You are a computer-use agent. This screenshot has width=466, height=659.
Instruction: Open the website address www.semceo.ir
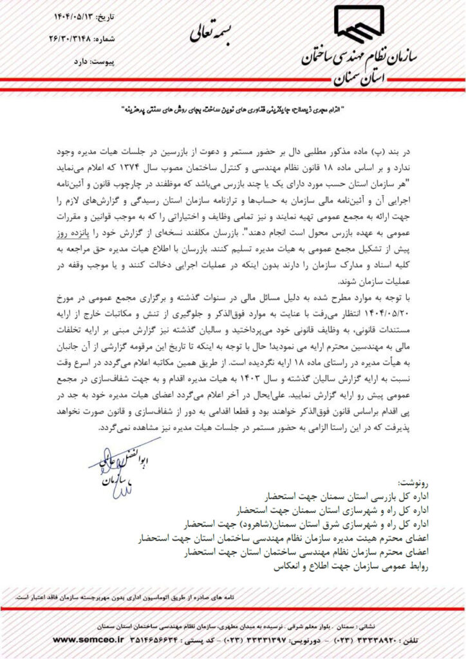click(97, 642)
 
